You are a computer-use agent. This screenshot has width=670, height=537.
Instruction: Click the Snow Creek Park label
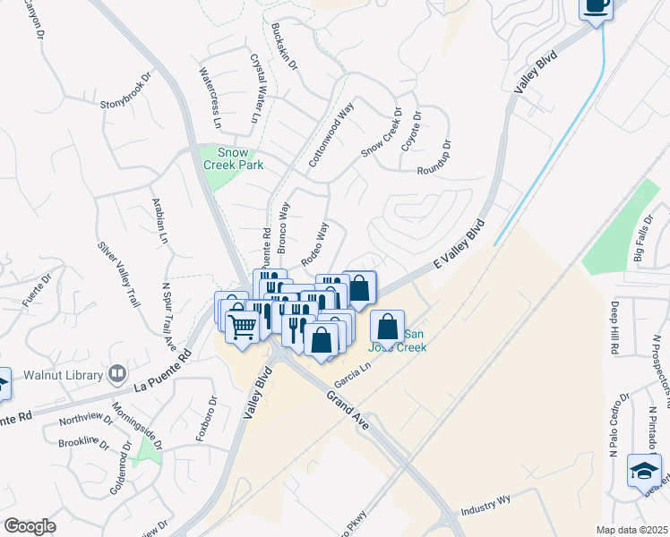226,158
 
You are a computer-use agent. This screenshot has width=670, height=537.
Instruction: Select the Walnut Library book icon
117,372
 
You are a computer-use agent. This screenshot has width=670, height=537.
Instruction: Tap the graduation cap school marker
645,471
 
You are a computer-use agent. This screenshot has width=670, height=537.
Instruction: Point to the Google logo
30,525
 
